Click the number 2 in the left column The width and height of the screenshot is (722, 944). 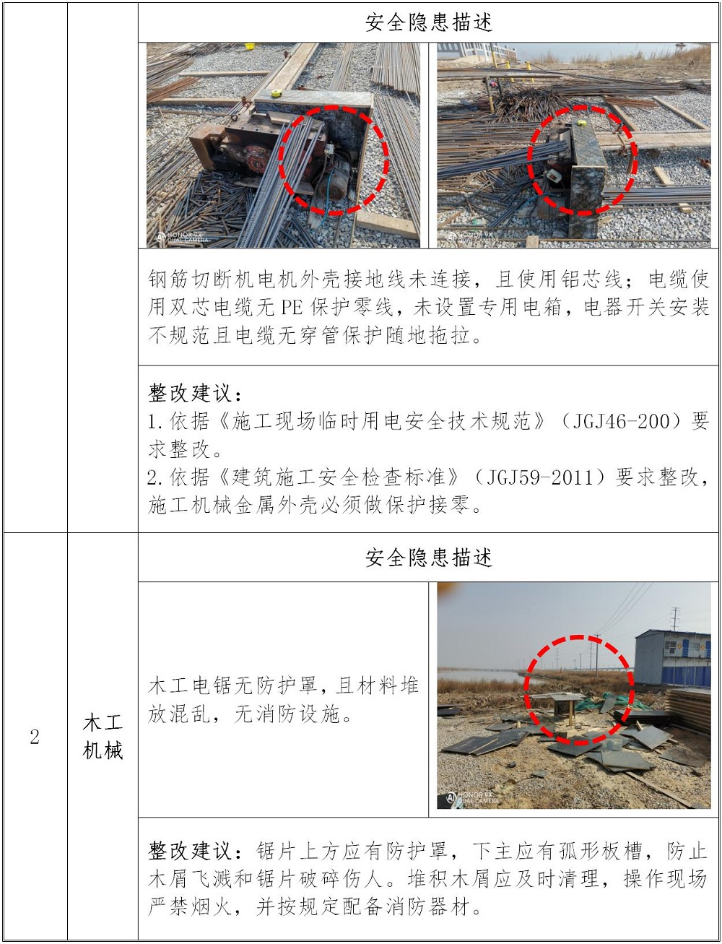click(x=35, y=737)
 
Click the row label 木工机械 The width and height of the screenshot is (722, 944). click(x=103, y=737)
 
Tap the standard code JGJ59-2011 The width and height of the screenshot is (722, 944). click(x=545, y=477)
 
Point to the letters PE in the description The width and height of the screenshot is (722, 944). click(x=292, y=308)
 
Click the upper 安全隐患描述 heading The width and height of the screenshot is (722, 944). click(x=428, y=22)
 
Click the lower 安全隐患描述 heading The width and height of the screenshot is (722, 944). click(x=428, y=558)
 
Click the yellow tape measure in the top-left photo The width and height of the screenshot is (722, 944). click(x=277, y=92)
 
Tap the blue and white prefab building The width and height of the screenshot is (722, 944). click(x=672, y=659)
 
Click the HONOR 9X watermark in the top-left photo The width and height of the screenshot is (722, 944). click(x=183, y=238)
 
